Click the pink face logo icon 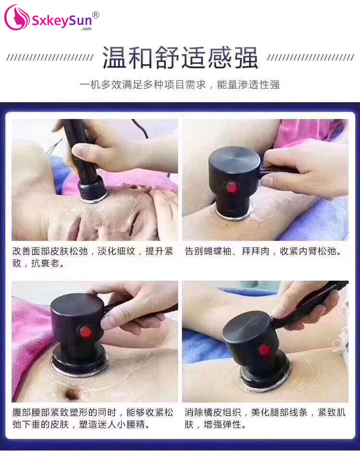click(17, 18)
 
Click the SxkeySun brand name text click(62, 21)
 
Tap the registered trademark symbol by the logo click(96, 15)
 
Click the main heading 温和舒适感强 click(180, 58)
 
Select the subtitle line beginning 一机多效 click(180, 84)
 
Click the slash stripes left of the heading click(50, 58)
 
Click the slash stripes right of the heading click(311, 58)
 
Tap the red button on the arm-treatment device click(232, 188)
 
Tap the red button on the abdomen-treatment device click(86, 332)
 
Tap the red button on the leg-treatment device click(264, 350)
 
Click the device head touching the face click(92, 190)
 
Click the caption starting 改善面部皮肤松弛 click(93, 257)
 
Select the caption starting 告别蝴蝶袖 click(263, 251)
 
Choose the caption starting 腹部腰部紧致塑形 click(93, 418)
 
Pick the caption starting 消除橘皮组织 click(265, 418)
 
